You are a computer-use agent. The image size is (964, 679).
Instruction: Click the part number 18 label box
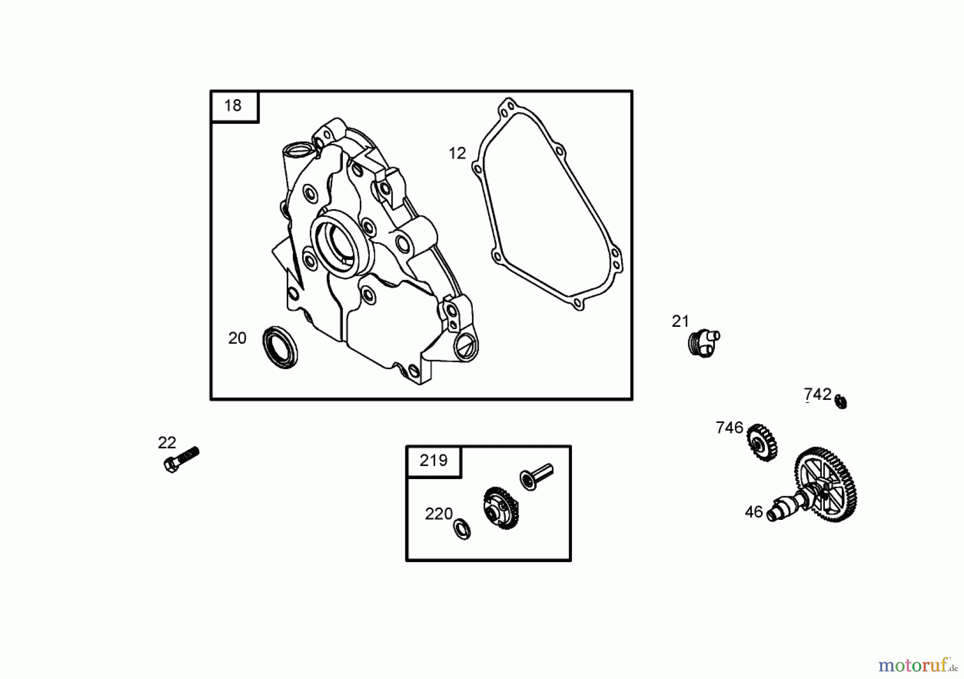[234, 106]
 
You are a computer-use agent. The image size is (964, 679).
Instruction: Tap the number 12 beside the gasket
[457, 154]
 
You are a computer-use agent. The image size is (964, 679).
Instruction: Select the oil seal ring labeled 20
[281, 347]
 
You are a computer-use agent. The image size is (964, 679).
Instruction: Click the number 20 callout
[237, 338]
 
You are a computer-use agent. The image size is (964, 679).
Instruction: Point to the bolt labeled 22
[181, 460]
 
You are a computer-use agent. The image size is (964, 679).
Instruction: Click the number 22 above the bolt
[167, 443]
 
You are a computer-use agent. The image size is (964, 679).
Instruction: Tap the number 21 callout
[680, 322]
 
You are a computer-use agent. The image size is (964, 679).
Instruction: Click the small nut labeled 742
[841, 402]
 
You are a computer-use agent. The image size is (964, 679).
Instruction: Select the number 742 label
[817, 395]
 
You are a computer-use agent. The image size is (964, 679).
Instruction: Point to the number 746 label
[729, 428]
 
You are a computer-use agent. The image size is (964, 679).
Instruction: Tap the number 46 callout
[754, 512]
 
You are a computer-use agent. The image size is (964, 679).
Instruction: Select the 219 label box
[434, 461]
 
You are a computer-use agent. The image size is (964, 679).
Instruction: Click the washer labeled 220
[462, 529]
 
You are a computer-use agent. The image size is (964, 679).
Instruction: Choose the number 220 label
[439, 514]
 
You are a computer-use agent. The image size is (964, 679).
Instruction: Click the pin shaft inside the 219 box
[536, 476]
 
